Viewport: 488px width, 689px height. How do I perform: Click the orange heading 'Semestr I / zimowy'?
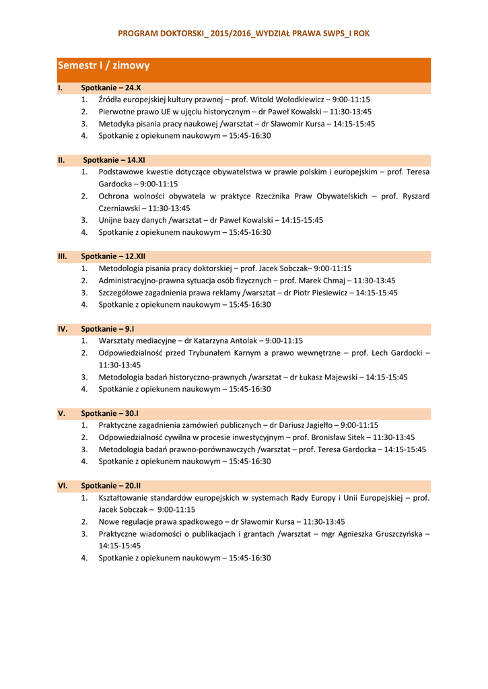[x=104, y=66]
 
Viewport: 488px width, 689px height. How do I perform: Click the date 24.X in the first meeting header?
[x=133, y=87]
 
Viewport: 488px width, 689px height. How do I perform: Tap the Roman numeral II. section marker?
[x=61, y=160]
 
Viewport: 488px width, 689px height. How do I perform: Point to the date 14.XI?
[x=136, y=160]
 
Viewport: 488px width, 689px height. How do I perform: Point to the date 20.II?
[x=133, y=485]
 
